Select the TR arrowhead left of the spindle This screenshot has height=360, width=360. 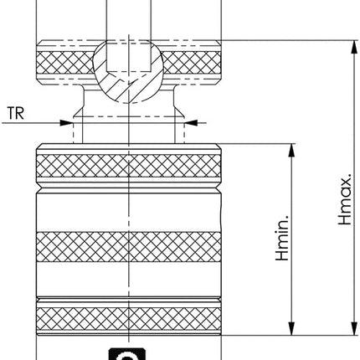point(67,122)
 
